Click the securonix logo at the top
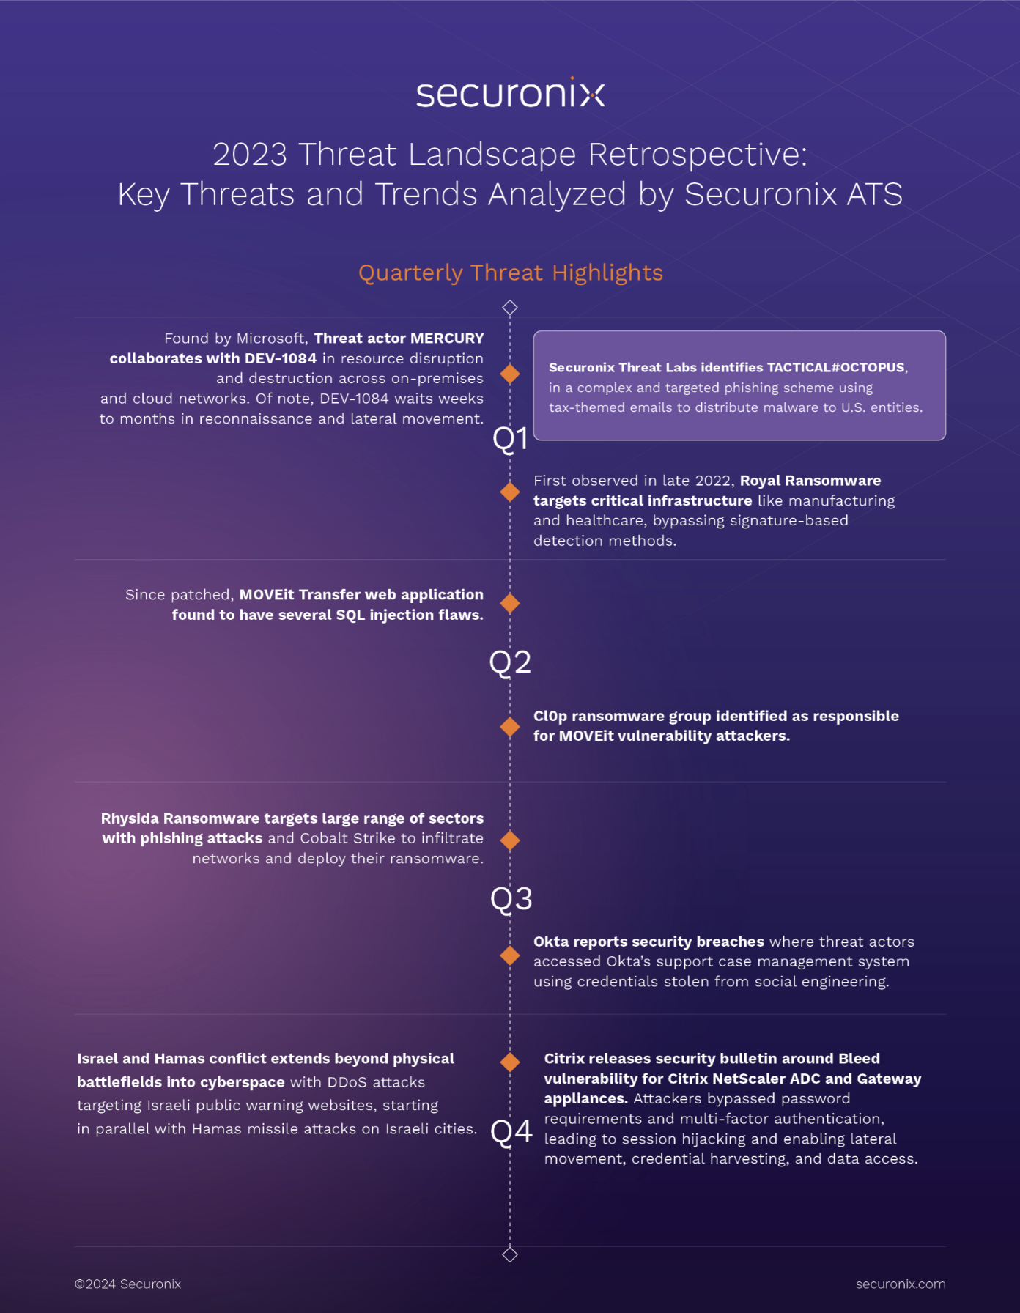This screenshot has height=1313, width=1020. tap(510, 95)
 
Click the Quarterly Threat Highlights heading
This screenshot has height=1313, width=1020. tap(510, 273)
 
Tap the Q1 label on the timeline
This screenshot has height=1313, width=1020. tap(510, 439)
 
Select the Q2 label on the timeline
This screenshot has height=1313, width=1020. tap(510, 662)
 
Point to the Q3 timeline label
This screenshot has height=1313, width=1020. tap(511, 899)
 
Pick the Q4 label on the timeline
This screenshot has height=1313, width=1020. tap(511, 1132)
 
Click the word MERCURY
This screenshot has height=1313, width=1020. tap(447, 339)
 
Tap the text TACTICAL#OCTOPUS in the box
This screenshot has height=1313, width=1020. tap(835, 368)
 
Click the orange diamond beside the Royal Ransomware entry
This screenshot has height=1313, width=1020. tap(510, 492)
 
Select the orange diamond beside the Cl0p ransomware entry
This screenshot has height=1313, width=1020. tap(510, 727)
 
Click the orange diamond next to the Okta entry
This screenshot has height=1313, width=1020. tap(510, 955)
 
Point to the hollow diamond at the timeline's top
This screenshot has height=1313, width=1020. tap(510, 308)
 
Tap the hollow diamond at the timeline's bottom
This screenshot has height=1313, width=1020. tap(510, 1254)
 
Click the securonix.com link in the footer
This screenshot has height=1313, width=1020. tap(900, 1284)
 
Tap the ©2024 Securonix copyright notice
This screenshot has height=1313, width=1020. tap(127, 1284)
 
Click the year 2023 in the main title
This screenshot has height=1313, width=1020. tap(250, 155)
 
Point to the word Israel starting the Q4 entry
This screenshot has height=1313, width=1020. tap(97, 1059)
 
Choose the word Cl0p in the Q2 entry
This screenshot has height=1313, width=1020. tap(550, 717)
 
